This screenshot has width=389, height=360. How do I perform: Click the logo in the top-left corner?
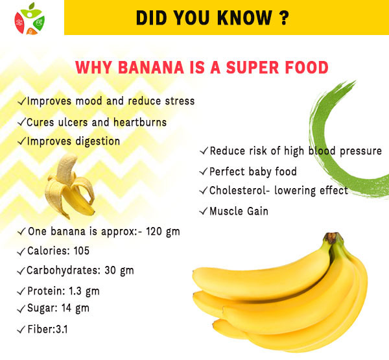click(30, 19)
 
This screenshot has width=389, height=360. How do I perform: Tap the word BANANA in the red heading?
click(151, 67)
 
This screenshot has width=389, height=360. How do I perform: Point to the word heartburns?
click(140, 122)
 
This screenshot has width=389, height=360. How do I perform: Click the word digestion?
click(98, 141)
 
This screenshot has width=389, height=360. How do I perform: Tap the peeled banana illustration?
click(70, 186)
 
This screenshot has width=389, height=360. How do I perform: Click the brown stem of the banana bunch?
click(333, 237)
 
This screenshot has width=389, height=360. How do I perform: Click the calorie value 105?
click(82, 251)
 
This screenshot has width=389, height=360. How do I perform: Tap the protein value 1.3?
click(75, 291)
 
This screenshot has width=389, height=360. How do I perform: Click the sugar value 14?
click(66, 308)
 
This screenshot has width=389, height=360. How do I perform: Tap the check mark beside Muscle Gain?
click(203, 211)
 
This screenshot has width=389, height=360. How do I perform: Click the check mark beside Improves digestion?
click(21, 141)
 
